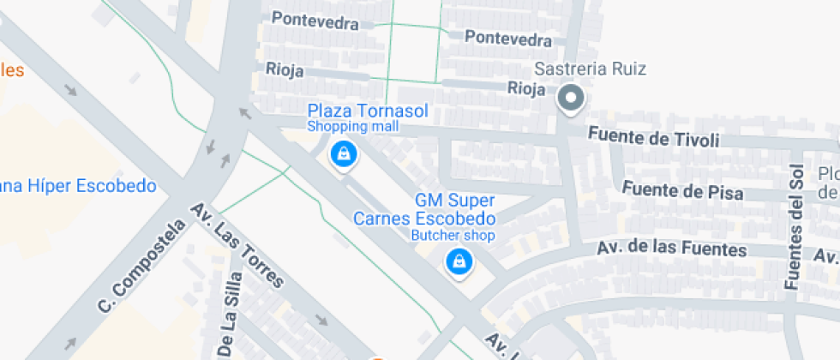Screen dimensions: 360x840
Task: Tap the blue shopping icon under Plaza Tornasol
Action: (x=344, y=154)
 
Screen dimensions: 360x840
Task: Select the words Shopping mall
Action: (x=353, y=127)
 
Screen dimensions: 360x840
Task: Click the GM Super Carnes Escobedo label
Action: (x=425, y=209)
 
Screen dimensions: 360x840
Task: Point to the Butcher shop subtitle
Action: (x=453, y=234)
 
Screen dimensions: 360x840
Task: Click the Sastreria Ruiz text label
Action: (x=590, y=69)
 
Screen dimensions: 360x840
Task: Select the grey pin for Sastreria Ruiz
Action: (x=570, y=99)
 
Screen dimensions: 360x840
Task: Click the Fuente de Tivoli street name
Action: (x=654, y=137)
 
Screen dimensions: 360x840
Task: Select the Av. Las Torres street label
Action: (x=237, y=246)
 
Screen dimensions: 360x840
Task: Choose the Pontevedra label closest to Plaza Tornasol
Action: (x=315, y=21)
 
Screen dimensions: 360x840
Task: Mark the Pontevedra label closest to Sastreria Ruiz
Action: (x=507, y=39)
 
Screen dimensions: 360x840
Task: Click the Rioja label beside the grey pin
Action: (x=526, y=87)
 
